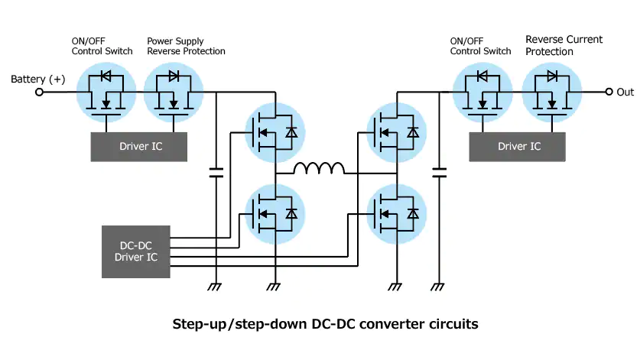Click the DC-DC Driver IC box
[x=135, y=251]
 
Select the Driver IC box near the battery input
[x=139, y=146]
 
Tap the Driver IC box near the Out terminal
[x=517, y=146]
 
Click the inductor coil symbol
[x=320, y=169]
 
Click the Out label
[x=625, y=92]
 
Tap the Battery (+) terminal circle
[x=41, y=92]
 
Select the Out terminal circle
[x=609, y=92]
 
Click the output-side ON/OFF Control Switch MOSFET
[x=482, y=92]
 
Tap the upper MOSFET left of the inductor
[x=274, y=131]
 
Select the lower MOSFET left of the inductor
[x=274, y=213]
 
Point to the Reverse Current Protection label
[x=564, y=45]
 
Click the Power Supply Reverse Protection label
[x=186, y=45]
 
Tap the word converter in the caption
[x=386, y=324]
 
